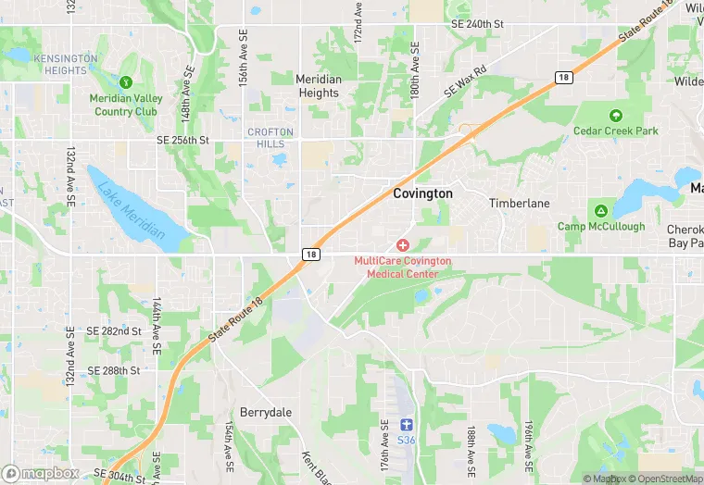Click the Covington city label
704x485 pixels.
(422, 193)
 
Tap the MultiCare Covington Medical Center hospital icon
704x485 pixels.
(402, 245)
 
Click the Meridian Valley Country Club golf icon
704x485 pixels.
(126, 82)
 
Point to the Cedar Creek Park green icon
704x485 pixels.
(615, 116)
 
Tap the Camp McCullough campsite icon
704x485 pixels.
(600, 211)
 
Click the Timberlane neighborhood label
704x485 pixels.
(520, 203)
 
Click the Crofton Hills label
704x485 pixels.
(270, 138)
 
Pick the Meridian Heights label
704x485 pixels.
(318, 86)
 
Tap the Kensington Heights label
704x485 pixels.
(66, 64)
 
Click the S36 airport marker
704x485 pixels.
(405, 425)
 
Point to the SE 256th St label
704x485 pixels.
(183, 140)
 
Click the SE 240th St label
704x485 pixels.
(477, 23)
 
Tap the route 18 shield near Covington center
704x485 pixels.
(311, 254)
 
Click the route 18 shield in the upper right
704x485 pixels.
(564, 78)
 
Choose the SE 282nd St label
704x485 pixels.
(113, 330)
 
